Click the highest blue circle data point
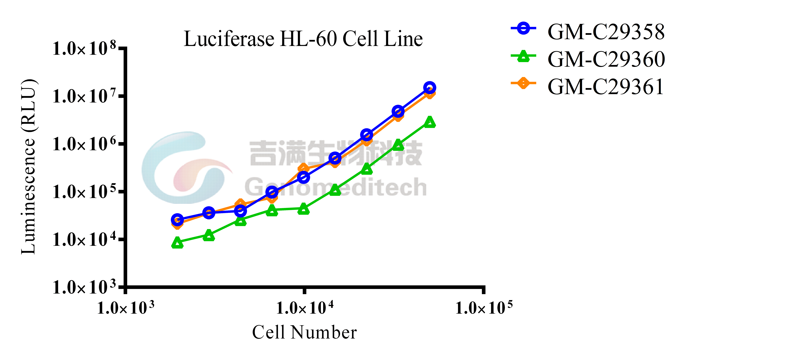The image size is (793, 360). click(x=429, y=88)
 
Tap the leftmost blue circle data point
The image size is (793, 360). click(x=177, y=220)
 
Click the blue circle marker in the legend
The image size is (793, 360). click(x=523, y=28)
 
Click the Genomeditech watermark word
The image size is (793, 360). click(x=336, y=187)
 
